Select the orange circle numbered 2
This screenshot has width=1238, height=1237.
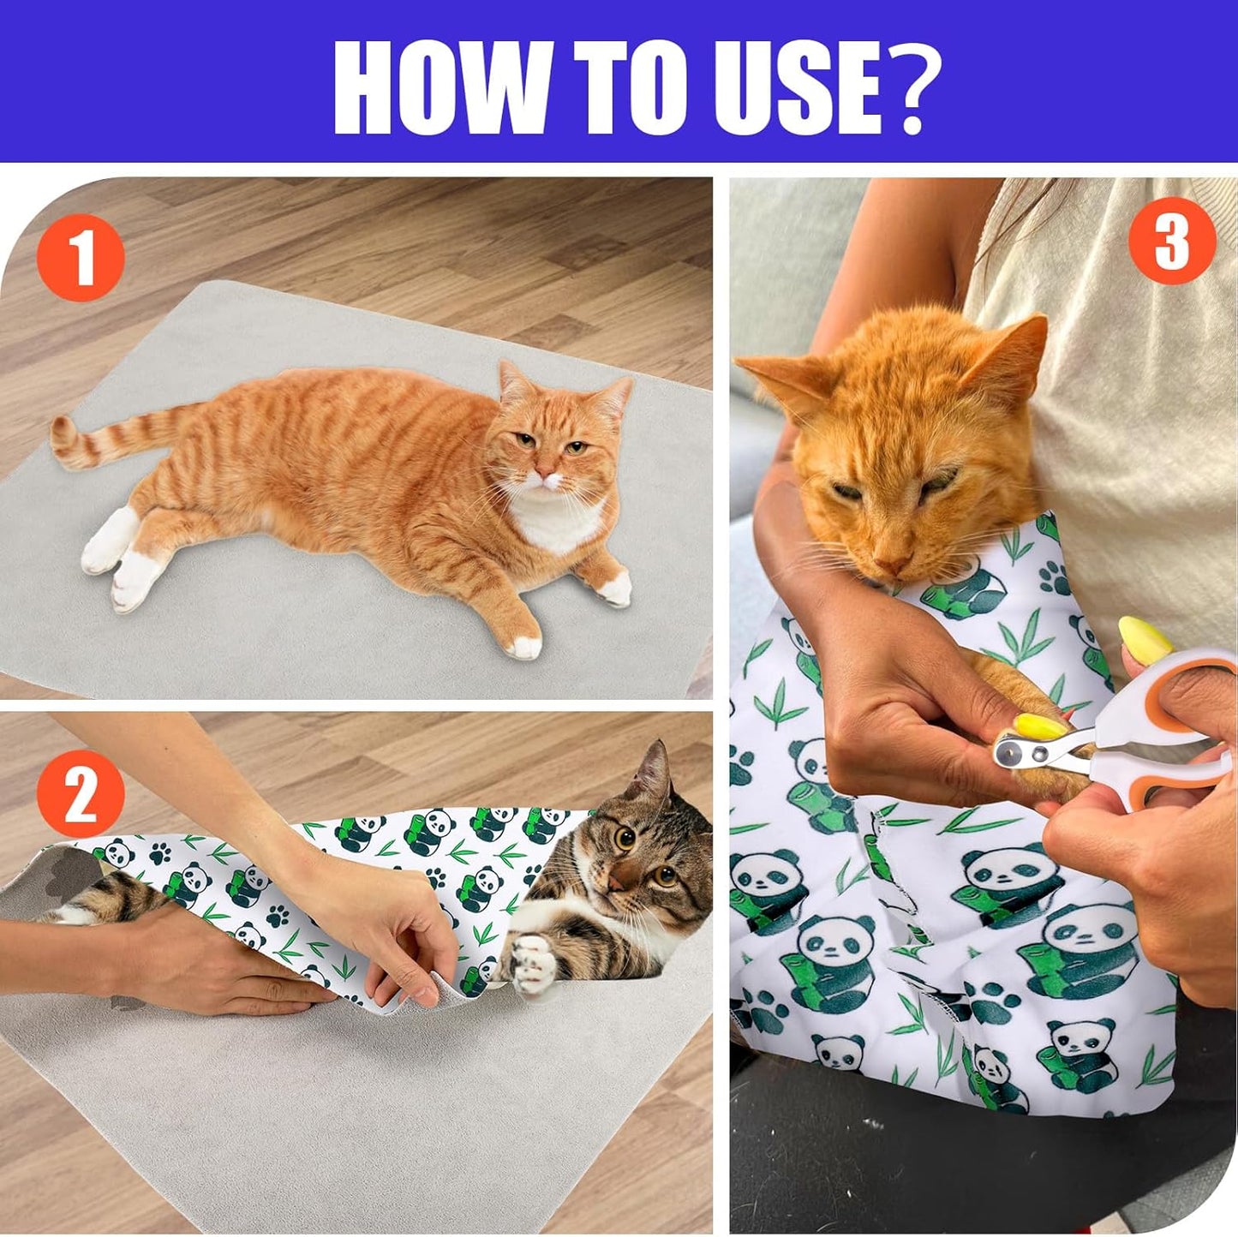pos(81,792)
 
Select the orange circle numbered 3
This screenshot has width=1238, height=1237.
pos(1172,241)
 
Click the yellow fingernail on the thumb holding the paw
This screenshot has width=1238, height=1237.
pos(1041,726)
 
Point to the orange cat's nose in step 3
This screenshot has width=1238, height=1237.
pos(893,565)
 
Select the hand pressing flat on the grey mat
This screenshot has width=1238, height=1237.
pos(206,968)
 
